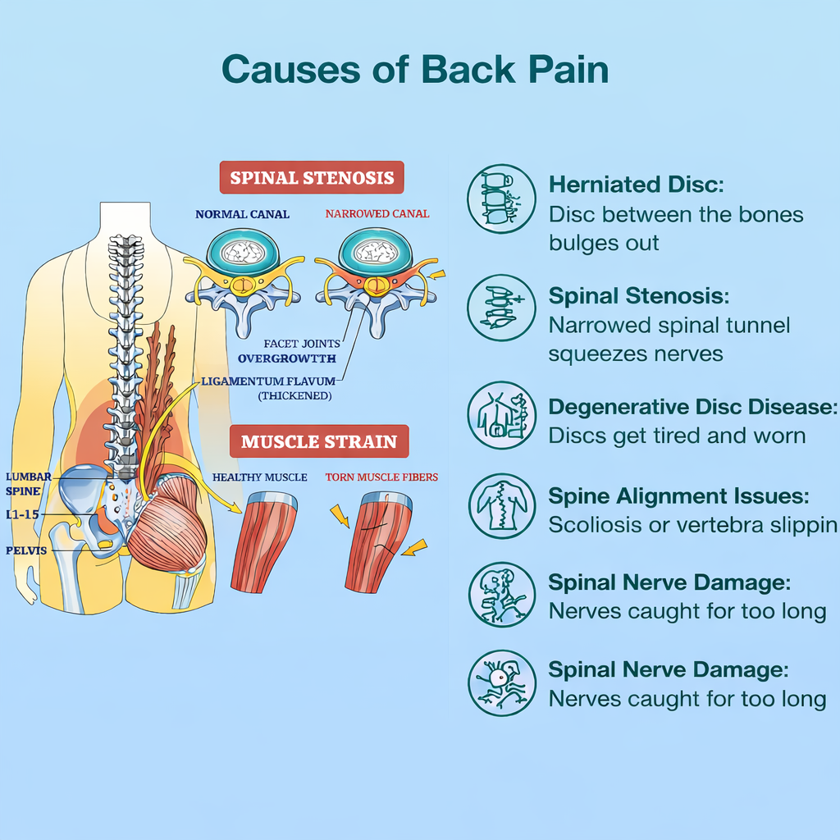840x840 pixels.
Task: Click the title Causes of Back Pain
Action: click(415, 70)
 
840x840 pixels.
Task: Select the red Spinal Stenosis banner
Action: click(312, 178)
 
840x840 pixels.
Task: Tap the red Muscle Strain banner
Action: click(318, 441)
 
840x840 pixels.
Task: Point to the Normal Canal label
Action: click(242, 214)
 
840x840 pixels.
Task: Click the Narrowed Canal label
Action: click(377, 214)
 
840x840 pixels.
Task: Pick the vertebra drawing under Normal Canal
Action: click(242, 279)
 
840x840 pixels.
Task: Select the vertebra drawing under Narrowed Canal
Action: click(375, 279)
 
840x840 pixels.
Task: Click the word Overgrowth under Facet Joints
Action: click(286, 358)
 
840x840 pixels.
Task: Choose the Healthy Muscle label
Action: click(260, 477)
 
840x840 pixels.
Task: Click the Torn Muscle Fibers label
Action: click(381, 477)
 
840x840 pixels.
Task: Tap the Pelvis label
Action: click(26, 550)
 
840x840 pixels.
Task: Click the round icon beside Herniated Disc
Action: click(501, 199)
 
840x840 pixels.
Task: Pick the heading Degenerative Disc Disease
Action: click(693, 408)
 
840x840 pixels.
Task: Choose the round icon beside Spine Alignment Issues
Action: click(501, 506)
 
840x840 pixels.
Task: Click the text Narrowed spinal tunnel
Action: click(669, 326)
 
